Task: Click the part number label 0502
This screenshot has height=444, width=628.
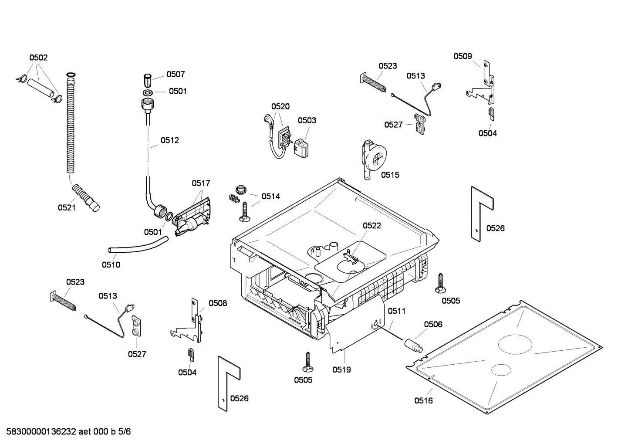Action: pyautogui.click(x=38, y=58)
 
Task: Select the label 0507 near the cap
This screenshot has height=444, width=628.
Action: pyautogui.click(x=176, y=75)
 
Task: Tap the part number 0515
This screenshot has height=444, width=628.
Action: pyautogui.click(x=390, y=175)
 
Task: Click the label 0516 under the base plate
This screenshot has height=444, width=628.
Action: pyautogui.click(x=423, y=400)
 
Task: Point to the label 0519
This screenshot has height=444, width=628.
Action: pyautogui.click(x=341, y=369)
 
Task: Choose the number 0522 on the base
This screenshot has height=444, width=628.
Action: pyautogui.click(x=371, y=225)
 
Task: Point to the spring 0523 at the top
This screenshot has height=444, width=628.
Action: pyautogui.click(x=374, y=83)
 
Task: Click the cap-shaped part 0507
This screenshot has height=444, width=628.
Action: pyautogui.click(x=148, y=81)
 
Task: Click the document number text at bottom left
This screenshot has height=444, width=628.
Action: pyautogui.click(x=66, y=432)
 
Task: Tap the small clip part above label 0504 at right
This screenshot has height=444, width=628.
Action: pyautogui.click(x=491, y=113)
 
